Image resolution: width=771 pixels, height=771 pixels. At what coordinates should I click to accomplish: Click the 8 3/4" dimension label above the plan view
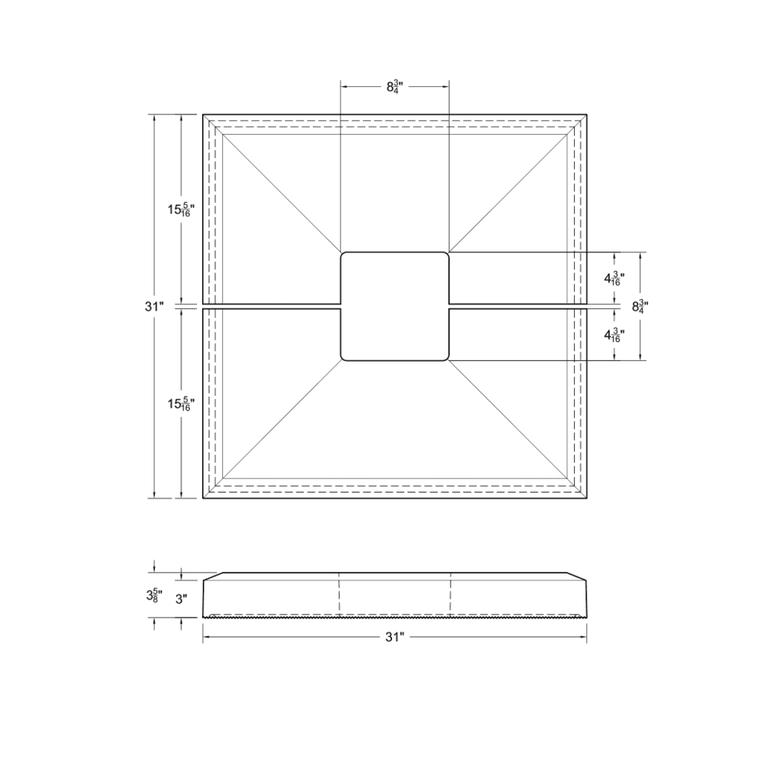394,87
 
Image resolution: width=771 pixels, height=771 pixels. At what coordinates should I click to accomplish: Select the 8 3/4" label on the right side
639,306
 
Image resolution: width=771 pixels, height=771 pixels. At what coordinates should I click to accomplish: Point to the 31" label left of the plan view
154,306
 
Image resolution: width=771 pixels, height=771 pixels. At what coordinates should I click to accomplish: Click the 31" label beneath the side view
394,637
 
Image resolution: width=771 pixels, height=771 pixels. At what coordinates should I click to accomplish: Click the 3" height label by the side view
180,599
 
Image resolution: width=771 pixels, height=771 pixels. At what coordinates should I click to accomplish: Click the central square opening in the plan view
394,306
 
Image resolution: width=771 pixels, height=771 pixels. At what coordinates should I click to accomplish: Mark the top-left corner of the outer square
204,115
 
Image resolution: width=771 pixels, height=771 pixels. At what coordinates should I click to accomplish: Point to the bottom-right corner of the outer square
586,498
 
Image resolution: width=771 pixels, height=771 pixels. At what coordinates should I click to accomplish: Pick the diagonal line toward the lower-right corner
509,420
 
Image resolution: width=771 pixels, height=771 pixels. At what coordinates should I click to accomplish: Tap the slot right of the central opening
516,306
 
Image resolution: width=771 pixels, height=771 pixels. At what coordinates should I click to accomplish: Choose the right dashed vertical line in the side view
451,595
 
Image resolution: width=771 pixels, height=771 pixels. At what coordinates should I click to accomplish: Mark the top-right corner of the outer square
586,115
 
